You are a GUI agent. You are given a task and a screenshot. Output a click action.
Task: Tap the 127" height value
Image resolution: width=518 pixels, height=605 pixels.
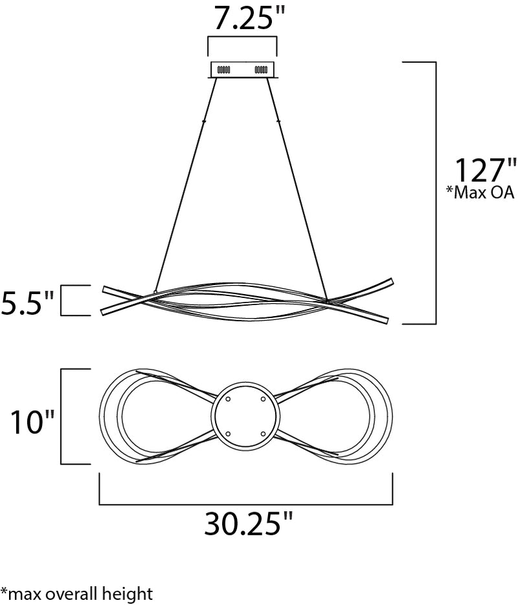coord(486,170)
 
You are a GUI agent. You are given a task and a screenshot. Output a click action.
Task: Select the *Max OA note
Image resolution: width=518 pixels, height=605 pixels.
coord(480,192)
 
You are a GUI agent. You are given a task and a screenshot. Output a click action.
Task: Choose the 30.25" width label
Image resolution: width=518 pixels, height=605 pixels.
coord(249,523)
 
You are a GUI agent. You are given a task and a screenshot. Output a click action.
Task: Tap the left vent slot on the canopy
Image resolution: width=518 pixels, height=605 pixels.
coord(223,70)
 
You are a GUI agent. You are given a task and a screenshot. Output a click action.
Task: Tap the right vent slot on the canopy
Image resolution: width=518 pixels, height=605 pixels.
coord(261,70)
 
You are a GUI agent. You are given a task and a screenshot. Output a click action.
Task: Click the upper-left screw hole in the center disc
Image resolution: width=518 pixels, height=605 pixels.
coord(228,399)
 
